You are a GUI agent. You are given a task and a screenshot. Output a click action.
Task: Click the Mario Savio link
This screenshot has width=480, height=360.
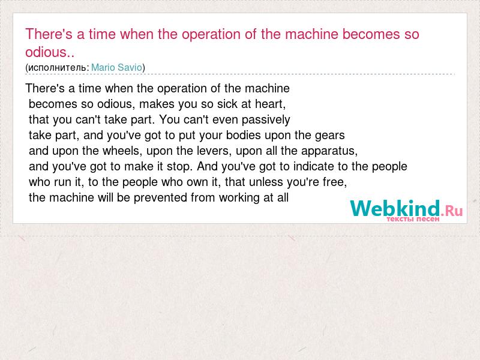pyautogui.click(x=116, y=67)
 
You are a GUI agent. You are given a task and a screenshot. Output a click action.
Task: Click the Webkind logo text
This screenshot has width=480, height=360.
pyautogui.click(x=395, y=208)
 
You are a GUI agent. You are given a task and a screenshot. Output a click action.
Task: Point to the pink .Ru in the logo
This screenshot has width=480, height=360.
pyautogui.click(x=452, y=211)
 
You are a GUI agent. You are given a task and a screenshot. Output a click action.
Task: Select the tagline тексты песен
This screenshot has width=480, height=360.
pyautogui.click(x=413, y=219)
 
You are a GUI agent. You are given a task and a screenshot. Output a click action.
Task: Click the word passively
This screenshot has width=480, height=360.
pyautogui.click(x=266, y=119)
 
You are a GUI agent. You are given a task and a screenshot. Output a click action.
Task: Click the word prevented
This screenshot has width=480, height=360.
pyautogui.click(x=160, y=198)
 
